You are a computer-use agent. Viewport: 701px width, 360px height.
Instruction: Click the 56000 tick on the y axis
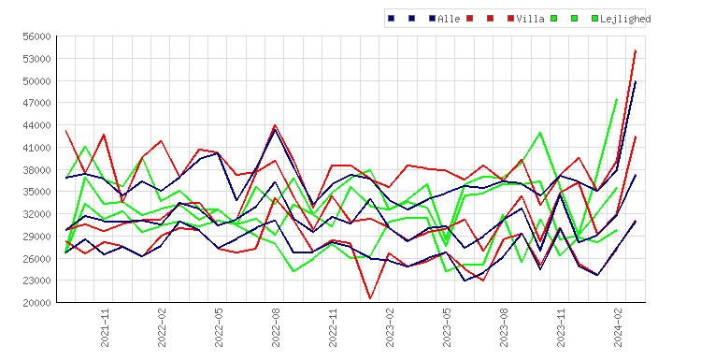[36, 36]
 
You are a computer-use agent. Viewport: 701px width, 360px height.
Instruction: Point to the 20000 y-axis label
[36, 303]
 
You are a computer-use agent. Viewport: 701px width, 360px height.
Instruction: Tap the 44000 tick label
[36, 125]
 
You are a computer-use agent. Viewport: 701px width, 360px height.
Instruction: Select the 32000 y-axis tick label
[36, 214]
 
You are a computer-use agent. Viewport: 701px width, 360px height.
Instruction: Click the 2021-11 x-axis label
[105, 328]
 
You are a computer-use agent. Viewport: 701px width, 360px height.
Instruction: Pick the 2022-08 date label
[276, 328]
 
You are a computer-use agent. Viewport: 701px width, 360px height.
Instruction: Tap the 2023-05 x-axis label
[447, 328]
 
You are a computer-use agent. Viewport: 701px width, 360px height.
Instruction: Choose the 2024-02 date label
[619, 328]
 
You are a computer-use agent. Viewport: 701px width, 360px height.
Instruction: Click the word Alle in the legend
[449, 19]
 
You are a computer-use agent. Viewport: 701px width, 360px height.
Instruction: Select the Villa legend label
[530, 19]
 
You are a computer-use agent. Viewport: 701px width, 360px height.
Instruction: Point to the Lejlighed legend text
[625, 19]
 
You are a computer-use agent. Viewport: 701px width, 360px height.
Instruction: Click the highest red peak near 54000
[636, 51]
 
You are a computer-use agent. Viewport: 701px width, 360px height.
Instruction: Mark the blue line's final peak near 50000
[636, 82]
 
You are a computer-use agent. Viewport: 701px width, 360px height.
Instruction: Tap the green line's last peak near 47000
[617, 99]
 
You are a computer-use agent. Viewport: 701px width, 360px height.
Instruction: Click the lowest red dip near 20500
[370, 298]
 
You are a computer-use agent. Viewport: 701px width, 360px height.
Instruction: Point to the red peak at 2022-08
[275, 125]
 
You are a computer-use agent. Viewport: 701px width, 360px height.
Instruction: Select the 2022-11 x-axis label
[333, 328]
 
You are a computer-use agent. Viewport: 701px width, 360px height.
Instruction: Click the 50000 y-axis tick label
[36, 81]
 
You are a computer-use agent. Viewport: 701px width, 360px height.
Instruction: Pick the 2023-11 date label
[561, 328]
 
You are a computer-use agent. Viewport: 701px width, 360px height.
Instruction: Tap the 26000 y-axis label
[36, 258]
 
